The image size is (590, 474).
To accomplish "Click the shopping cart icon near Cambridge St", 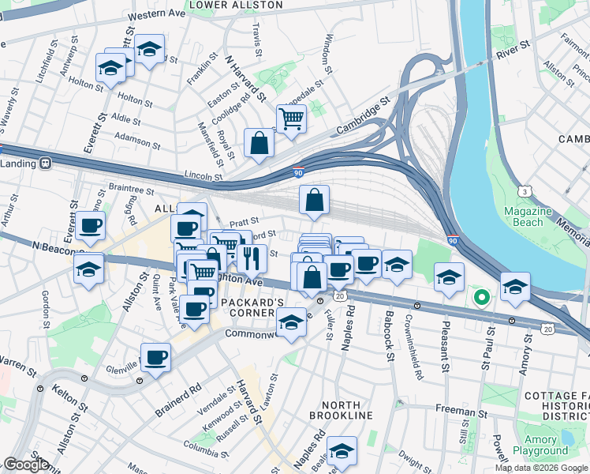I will [291, 119].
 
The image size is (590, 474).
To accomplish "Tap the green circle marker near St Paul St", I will [480, 299].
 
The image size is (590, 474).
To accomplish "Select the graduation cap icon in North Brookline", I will [342, 451].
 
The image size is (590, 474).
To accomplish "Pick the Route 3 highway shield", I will [525, 192].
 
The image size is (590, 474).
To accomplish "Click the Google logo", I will [26, 465].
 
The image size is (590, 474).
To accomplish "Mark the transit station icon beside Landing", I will [46, 164].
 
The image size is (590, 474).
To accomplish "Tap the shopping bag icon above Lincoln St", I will [259, 143].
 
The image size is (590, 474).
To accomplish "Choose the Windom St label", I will [328, 50].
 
